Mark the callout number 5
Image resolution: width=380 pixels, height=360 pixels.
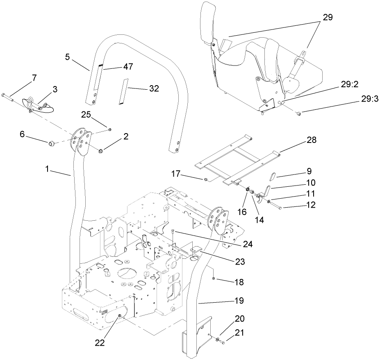coord(68,56)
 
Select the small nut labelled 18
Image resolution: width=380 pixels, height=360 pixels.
coord(214,278)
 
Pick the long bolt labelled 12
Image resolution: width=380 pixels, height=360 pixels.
coord(277,208)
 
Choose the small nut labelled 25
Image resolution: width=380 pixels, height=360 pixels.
coord(110,129)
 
